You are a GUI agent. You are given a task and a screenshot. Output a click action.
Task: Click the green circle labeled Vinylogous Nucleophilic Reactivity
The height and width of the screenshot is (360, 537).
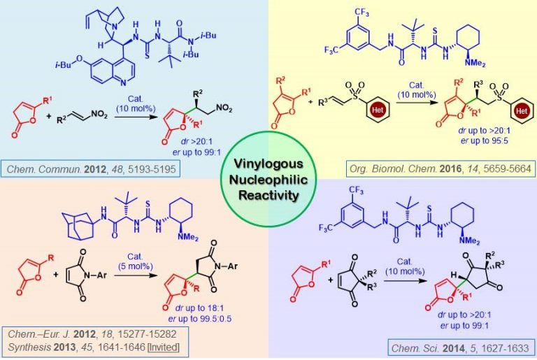[268, 180]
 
